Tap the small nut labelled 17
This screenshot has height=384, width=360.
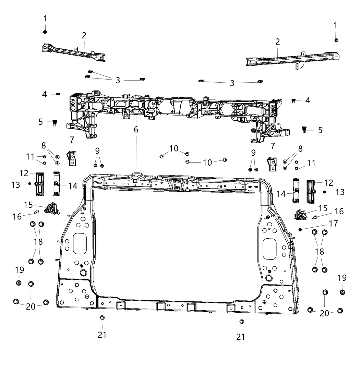point(300,229)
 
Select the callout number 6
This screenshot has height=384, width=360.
point(136,130)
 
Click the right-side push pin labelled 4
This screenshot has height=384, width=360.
point(294,100)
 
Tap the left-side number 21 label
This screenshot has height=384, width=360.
point(102,335)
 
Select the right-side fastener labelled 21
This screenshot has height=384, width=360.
point(241,321)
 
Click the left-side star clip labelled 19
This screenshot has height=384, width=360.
point(19,283)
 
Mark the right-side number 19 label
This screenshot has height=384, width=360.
point(342,278)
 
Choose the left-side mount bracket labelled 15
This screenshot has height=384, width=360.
point(51,208)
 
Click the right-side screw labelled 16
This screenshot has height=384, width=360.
point(314,217)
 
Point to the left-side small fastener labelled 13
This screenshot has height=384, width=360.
point(30,184)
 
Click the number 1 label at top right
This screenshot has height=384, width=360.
point(335,25)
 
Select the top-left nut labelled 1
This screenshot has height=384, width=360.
point(45,32)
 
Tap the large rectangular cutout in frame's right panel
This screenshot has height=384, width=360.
point(269,249)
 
